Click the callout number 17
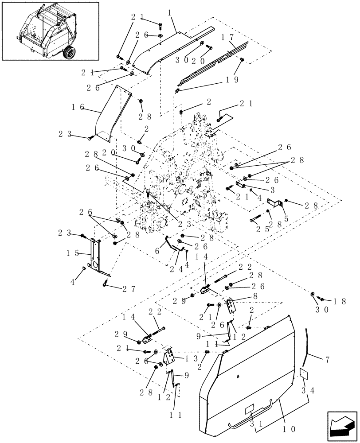click(230, 37)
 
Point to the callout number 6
click(158, 250)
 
